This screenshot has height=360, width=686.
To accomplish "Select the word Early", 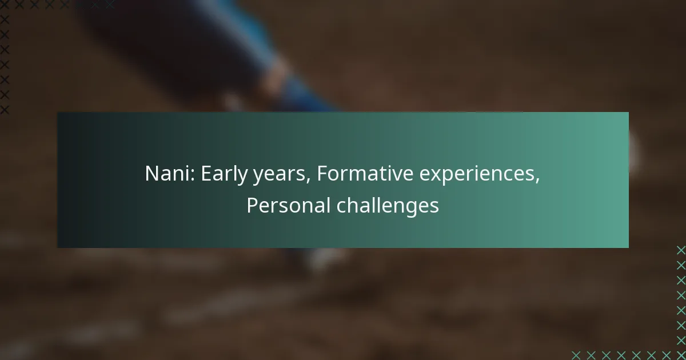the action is point(224,174).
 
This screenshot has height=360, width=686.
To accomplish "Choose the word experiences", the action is point(477,175).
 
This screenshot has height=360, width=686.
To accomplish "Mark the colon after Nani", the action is point(192,175).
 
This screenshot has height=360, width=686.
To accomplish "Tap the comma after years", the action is point(308,181).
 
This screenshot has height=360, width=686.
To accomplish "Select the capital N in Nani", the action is point(152,174).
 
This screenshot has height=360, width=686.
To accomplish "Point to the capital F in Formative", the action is point(322,174).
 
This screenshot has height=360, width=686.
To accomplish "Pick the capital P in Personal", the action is point(252,205).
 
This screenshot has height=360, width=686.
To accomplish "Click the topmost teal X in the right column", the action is point(681,250).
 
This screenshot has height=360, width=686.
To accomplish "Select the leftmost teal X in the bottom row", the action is point(576,355).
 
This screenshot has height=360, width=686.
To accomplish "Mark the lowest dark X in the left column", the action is point(5,110).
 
